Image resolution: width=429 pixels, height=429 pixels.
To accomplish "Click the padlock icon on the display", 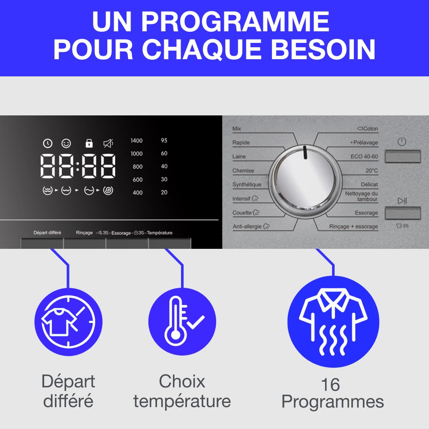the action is click(89, 143).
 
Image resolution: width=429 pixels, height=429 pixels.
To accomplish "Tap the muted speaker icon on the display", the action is click(108, 143).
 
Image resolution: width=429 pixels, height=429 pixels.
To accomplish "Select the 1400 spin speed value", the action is click(136, 141).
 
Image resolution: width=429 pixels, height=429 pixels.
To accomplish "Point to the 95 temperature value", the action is click(164, 140).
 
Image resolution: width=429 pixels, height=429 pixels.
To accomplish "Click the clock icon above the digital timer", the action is click(48, 143).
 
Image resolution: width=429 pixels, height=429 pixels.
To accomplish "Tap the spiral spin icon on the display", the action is click(108, 190).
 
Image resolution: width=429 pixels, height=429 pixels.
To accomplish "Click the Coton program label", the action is click(368, 129).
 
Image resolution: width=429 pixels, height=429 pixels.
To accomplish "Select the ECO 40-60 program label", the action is click(364, 157).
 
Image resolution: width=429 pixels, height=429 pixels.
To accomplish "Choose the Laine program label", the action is click(239, 157).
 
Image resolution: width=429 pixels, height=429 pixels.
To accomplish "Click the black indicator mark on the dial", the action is click(305, 152).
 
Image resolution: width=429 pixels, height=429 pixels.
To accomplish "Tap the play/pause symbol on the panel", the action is click(402, 201).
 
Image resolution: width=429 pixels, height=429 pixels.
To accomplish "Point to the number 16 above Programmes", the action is click(330, 385).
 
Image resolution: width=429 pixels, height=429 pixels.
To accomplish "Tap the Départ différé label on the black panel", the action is click(47, 233).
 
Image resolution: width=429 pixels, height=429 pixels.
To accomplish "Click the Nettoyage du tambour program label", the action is click(361, 196).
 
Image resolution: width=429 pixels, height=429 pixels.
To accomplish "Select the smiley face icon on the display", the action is click(66, 143).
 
